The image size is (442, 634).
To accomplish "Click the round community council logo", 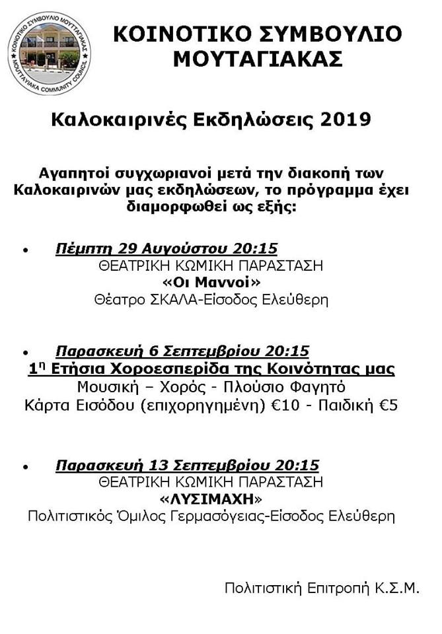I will [x=50, y=54].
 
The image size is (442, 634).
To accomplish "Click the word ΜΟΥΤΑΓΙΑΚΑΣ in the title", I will [x=257, y=59].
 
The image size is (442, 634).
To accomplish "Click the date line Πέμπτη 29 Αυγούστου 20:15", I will [x=166, y=249].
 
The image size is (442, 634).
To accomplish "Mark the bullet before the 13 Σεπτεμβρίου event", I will [x=26, y=467].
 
